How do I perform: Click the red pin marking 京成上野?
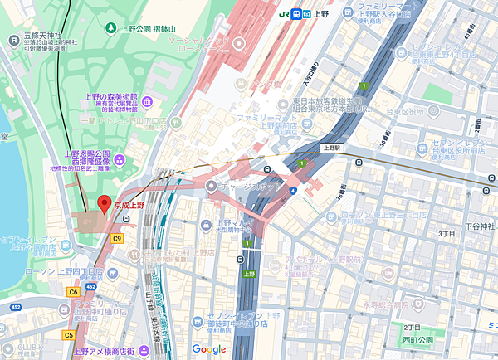click(x=105, y=203)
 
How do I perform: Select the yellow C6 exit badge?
click(x=74, y=290)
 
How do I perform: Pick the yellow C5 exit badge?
click(x=68, y=335)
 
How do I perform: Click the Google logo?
click(x=209, y=349)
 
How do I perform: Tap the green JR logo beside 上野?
click(x=285, y=12)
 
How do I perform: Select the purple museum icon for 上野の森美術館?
click(x=146, y=102)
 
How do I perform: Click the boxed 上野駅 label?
click(x=332, y=148)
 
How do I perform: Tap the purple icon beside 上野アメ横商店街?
click(x=146, y=351)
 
